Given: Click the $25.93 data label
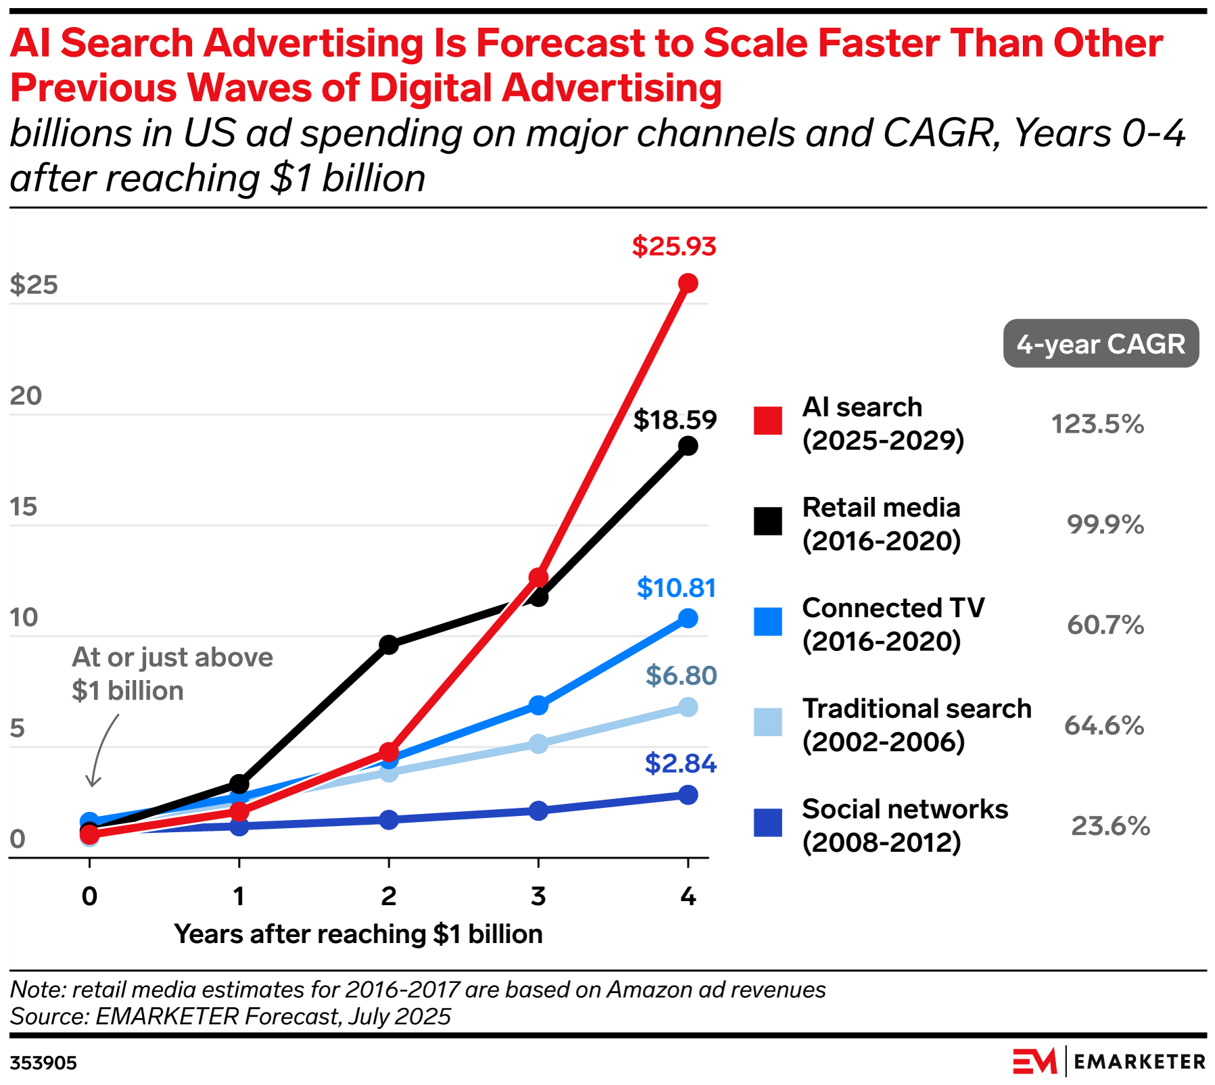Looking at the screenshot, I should point(673,246).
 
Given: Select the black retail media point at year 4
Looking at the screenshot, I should point(688,445).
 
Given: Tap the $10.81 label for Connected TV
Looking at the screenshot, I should point(676,587).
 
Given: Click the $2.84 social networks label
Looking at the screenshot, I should point(680,763).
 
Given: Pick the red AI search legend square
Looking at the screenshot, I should point(768,420).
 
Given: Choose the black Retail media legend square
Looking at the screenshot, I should point(768,521).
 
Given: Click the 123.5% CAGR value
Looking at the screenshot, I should point(1097,425).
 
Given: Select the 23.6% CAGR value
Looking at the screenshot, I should point(1110,826).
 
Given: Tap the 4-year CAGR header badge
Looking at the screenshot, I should point(1101,344).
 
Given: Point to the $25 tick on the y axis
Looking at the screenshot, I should point(34,285).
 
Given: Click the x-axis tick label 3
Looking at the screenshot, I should point(538,896).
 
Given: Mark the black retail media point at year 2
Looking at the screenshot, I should point(389,644).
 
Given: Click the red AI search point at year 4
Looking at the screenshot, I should point(688,283).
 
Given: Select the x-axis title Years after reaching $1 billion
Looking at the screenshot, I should point(358,934).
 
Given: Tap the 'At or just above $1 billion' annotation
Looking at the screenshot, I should point(172,674).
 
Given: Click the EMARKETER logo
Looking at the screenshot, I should point(1109,1061).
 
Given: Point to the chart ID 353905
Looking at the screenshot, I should point(43,1063).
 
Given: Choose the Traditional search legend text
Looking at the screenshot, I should point(916,725).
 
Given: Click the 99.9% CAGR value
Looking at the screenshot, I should point(1105,525).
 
